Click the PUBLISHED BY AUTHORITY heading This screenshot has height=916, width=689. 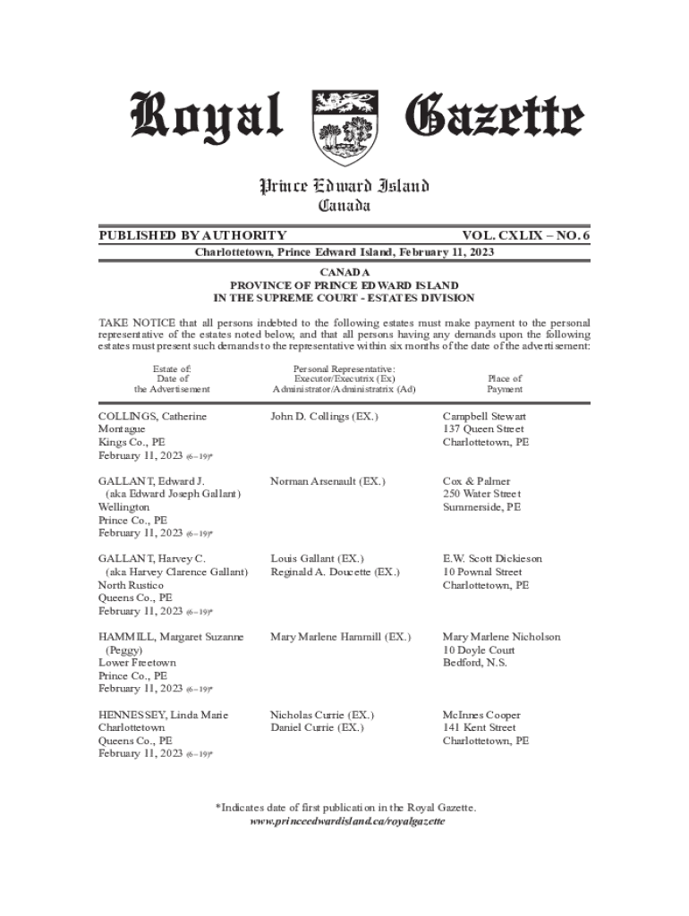tap(192, 235)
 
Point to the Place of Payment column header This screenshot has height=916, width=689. tap(505, 384)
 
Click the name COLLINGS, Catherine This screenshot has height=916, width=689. tap(152, 417)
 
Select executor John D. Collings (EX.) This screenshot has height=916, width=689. tap(324, 417)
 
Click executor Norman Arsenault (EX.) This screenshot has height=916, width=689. tap(327, 481)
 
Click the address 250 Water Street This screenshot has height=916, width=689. tap(481, 494)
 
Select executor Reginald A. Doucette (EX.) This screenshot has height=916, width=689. tap(335, 572)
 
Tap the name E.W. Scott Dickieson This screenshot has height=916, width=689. tap(492, 559)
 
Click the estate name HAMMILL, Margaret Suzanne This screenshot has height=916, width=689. tap(171, 637)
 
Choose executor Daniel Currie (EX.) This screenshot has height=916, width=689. tap(317, 728)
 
